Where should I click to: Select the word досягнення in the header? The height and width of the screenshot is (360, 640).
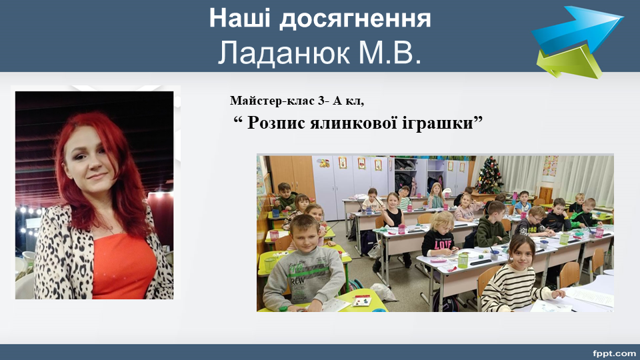point(355,19)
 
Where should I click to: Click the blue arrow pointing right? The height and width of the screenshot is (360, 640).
point(577,29)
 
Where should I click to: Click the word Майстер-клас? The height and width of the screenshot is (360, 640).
point(272,100)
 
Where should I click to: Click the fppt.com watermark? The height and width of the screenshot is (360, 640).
point(614,353)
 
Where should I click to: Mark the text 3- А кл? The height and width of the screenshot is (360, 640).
point(340,100)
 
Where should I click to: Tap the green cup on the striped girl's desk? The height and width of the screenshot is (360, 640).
point(463,261)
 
